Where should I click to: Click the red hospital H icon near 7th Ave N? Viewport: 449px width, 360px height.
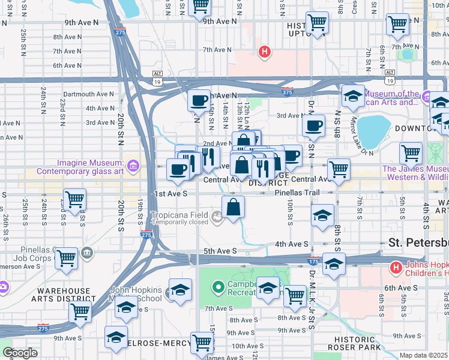263,53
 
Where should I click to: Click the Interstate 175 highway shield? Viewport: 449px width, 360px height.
313,262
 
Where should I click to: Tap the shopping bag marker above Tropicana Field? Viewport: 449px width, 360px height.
233,207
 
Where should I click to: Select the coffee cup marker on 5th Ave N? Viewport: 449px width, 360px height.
198,101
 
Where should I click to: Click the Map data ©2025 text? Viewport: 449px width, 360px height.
423,355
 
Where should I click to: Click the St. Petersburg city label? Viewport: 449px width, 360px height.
418,243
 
